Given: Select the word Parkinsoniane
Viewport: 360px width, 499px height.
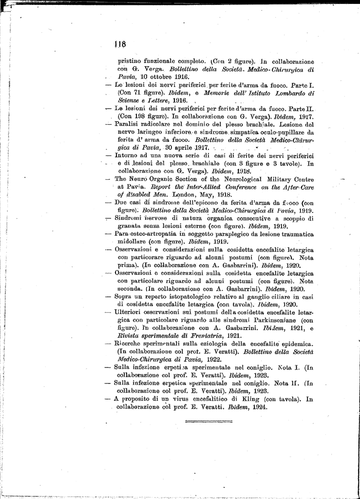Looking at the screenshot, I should [x=275, y=320].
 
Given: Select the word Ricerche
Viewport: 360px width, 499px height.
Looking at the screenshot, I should [x=130, y=344].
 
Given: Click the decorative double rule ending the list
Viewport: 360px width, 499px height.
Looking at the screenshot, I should [x=208, y=420].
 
